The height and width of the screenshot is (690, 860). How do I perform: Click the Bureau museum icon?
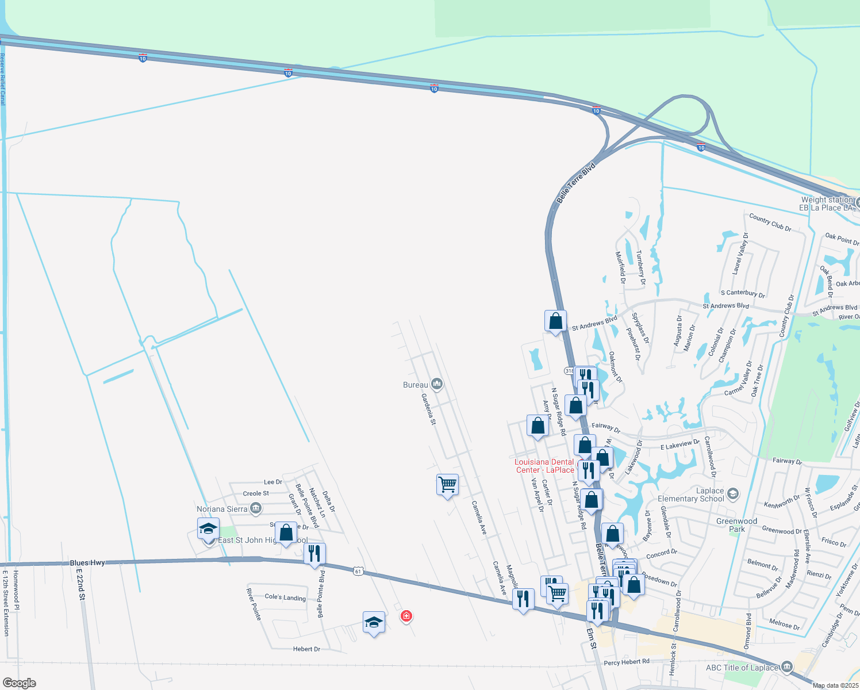[x=437, y=384]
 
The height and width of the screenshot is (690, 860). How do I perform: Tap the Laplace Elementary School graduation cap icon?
[x=732, y=494]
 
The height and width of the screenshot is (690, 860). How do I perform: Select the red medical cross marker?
[x=406, y=616]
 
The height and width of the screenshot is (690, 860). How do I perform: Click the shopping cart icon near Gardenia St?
[x=447, y=485]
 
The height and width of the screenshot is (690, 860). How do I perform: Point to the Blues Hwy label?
[x=87, y=563]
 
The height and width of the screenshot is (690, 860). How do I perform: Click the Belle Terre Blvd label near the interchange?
[x=576, y=183]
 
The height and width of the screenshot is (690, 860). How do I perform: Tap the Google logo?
[x=19, y=683]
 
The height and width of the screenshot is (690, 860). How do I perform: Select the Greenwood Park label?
[x=736, y=525]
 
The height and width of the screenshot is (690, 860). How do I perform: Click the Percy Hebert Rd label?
[x=627, y=662]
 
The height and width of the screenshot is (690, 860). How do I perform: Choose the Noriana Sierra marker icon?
[x=256, y=508]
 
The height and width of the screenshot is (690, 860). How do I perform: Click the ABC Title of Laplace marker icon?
[x=787, y=667]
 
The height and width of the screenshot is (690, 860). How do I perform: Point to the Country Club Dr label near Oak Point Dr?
[x=770, y=223]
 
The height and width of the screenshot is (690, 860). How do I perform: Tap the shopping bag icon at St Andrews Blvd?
[x=555, y=321]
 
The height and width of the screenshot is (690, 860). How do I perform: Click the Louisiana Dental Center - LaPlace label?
[x=544, y=466]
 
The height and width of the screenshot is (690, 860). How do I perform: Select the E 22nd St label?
[x=81, y=585]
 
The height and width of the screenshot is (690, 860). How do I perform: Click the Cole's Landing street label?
[x=285, y=597]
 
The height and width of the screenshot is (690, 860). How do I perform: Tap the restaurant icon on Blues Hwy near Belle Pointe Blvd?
[x=314, y=554]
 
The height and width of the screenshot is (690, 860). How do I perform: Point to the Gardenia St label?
[x=429, y=409]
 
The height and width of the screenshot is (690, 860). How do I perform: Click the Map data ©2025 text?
[x=835, y=685]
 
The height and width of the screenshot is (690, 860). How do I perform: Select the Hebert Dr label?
[x=306, y=649]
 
